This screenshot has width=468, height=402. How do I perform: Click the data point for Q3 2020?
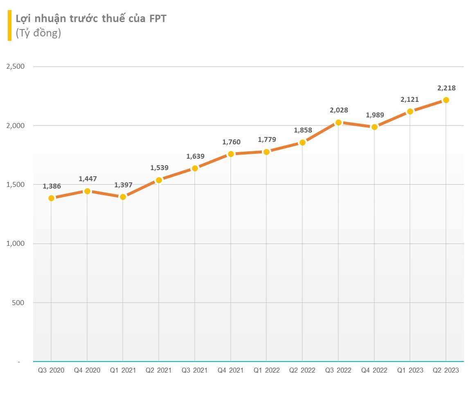51,198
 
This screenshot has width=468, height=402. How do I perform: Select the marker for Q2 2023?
446,100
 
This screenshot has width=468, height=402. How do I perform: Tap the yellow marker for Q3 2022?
338,123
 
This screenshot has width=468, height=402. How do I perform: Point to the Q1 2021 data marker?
123,197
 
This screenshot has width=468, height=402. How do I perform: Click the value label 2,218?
447,88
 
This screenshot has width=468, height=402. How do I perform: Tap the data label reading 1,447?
88,178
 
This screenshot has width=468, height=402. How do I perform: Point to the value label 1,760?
231,142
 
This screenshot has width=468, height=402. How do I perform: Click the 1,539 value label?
159,168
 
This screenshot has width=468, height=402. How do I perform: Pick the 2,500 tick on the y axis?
16,67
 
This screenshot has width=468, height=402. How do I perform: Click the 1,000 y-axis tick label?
16,244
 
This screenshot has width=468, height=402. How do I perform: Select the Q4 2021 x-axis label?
230,371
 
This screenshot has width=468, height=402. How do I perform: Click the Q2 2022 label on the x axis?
302,371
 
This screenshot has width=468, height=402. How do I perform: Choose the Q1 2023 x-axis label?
410,371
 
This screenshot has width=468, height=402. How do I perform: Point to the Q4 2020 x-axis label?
87,371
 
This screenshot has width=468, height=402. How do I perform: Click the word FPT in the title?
156,19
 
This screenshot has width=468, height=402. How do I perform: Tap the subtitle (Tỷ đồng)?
38,33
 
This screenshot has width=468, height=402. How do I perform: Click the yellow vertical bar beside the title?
9,25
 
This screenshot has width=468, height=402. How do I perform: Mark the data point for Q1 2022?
266,152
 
